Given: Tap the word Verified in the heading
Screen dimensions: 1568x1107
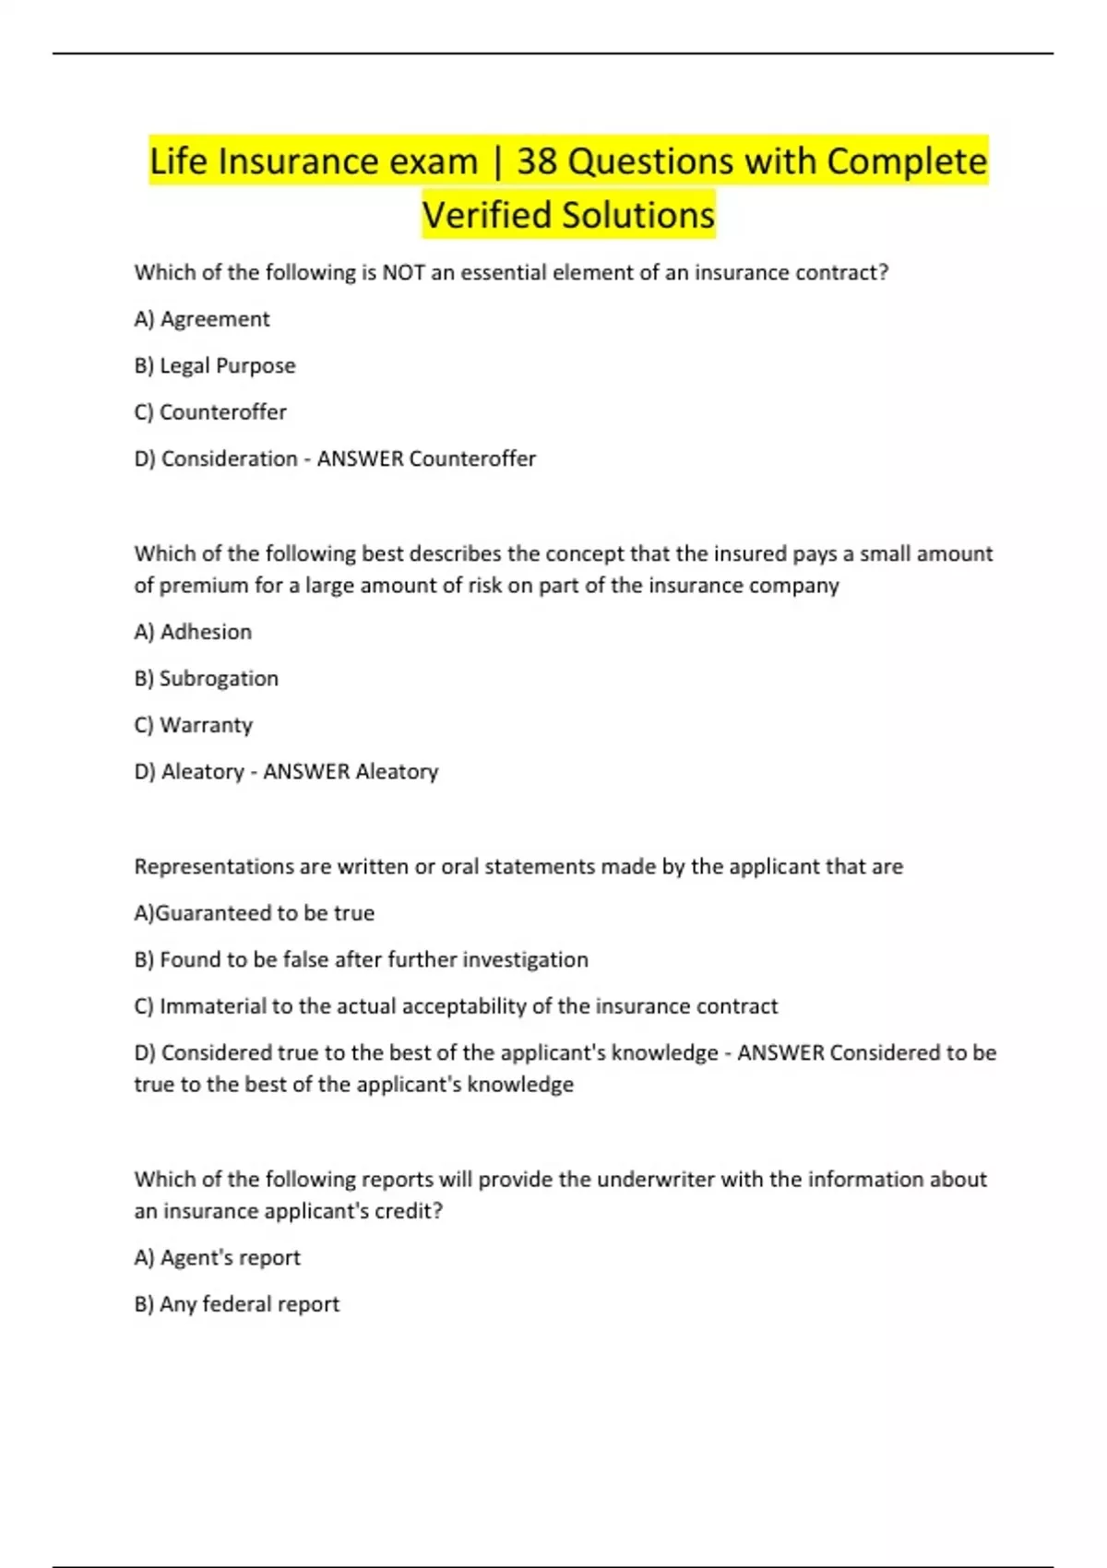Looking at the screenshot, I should [x=486, y=215].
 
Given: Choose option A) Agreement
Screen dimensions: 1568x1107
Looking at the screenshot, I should [x=202, y=319].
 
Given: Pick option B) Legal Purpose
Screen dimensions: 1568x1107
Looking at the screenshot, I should [x=215, y=365].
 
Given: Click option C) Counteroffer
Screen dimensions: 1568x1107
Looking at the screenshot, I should [x=210, y=412].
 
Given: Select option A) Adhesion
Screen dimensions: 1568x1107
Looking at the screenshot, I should [x=193, y=632].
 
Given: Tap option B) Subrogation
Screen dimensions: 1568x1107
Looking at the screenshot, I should [x=207, y=679].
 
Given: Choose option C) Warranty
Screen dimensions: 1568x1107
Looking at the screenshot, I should [x=194, y=725].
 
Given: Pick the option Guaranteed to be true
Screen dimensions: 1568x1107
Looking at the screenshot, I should [x=255, y=913].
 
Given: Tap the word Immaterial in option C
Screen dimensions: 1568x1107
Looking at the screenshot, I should [x=212, y=1006].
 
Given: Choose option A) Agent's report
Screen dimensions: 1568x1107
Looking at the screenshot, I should [x=218, y=1257].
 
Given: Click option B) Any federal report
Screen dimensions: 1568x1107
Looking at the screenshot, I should [x=237, y=1304].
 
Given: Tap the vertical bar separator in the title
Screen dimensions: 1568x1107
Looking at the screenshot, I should [x=497, y=162].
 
